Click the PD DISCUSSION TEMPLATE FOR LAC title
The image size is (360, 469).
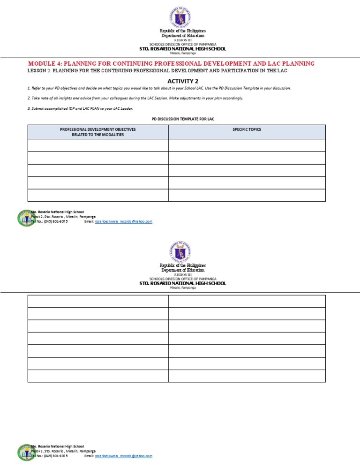tap(180, 119)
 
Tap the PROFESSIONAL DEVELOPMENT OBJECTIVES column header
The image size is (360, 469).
tap(97, 132)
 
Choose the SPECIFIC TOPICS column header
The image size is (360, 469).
tap(247, 129)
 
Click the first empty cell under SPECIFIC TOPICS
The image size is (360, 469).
tap(247, 145)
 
